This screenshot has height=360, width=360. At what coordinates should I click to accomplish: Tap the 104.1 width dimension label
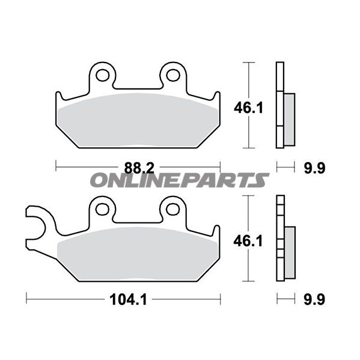[128, 300]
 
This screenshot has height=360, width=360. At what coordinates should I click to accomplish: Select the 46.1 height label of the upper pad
[248, 108]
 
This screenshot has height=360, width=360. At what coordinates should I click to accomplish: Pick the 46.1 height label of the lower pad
[248, 241]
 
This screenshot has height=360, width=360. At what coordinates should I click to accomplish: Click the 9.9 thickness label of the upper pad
[314, 168]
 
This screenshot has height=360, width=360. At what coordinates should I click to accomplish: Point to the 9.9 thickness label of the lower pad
[314, 300]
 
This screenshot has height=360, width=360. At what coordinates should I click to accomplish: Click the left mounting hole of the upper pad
[102, 75]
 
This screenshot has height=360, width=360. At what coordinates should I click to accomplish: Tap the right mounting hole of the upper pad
[173, 75]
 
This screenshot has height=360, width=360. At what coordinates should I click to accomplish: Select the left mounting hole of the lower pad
[102, 209]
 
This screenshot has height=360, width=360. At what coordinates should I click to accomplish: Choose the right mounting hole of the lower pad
[173, 209]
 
